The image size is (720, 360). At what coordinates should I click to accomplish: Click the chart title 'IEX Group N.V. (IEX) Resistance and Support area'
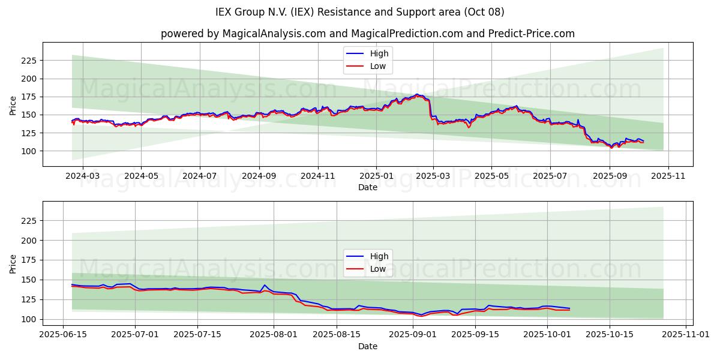coord(359,12)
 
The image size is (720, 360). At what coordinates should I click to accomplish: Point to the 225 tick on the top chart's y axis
coord(29,61)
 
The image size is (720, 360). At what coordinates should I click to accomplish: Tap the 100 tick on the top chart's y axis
coord(29,151)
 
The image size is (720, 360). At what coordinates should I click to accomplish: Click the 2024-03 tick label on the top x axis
coord(82,176)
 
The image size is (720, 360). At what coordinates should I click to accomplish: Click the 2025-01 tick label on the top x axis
coord(376,176)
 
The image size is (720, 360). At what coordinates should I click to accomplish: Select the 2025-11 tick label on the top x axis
coord(668,176)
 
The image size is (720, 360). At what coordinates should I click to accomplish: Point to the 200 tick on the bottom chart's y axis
coord(29,240)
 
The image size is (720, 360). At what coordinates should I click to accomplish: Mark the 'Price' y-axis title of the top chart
coord(13,104)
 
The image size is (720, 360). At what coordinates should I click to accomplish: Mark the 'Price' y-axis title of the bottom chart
coord(13,263)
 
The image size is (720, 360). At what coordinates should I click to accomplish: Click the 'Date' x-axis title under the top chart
coord(367,187)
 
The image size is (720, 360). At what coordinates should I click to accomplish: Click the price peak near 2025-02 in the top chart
coord(416,94)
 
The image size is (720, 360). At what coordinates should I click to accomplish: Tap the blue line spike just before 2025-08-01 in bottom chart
coord(265,285)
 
